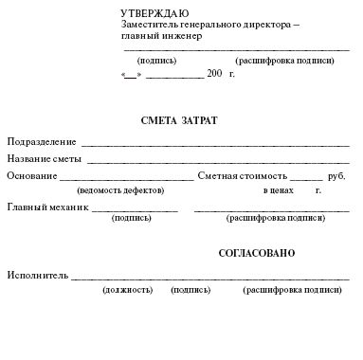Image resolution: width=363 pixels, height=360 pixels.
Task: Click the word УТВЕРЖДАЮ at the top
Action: click(x=148, y=12)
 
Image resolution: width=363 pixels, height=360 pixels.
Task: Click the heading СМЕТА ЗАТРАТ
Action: click(x=179, y=121)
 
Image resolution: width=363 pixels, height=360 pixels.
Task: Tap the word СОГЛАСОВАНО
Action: click(x=256, y=253)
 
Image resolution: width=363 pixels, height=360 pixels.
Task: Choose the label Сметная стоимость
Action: click(x=242, y=175)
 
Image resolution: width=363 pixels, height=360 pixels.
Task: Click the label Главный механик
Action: click(x=47, y=207)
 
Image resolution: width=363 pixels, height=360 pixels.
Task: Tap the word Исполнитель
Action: click(x=37, y=276)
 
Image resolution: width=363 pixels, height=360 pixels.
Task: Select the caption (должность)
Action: click(x=127, y=290)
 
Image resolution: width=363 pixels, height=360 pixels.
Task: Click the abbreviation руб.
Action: click(x=336, y=175)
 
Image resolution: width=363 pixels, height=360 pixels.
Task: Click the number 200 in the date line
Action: click(x=213, y=73)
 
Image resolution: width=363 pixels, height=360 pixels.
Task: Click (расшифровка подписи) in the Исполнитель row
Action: click(x=292, y=290)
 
